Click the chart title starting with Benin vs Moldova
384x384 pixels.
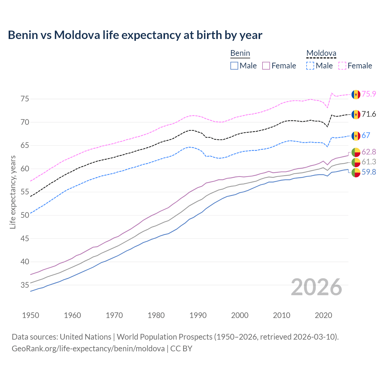135,35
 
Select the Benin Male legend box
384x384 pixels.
234,66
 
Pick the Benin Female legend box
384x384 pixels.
266,66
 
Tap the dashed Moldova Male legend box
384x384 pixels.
310,66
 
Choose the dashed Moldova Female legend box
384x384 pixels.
342,66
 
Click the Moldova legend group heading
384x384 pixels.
321,53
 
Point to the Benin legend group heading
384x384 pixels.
240,53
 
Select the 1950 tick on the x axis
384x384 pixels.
31,315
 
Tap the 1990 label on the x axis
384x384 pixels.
198,315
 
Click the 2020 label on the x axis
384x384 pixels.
323,315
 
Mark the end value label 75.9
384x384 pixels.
369,94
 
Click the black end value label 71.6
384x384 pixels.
369,114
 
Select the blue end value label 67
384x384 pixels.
366,135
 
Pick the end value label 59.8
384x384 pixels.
369,172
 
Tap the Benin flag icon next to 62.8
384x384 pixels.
356,152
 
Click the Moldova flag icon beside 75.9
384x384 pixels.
356,94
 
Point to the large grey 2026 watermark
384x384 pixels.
316,287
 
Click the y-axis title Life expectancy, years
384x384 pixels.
13,192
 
